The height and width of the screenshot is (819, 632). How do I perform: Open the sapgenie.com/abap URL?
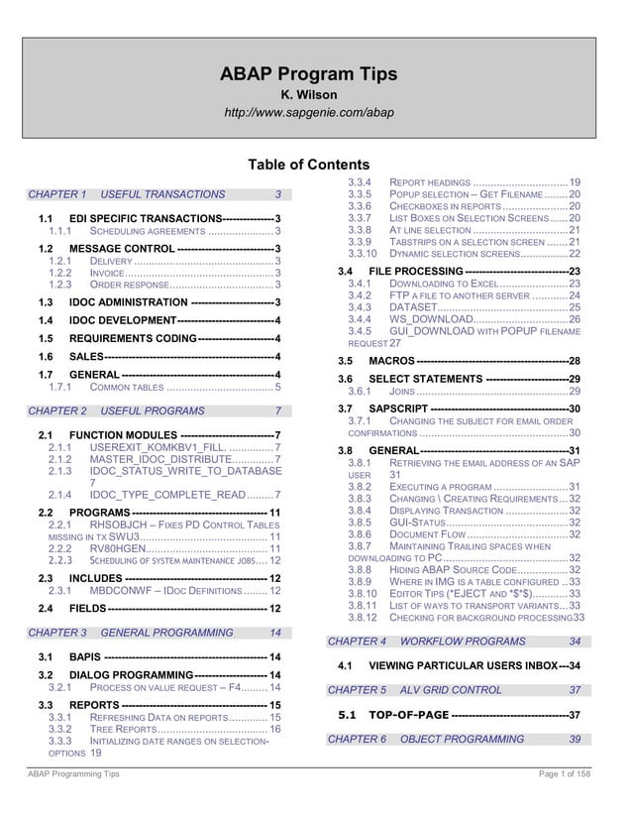coord(309,112)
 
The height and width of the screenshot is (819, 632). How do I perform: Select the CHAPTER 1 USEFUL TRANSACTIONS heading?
coord(154,194)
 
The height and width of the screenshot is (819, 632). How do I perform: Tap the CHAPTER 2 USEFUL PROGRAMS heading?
coord(154,410)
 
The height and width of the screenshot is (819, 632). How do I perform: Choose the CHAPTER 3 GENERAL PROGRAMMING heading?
coord(154,632)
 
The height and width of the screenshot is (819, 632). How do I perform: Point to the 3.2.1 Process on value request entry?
coord(163,687)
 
